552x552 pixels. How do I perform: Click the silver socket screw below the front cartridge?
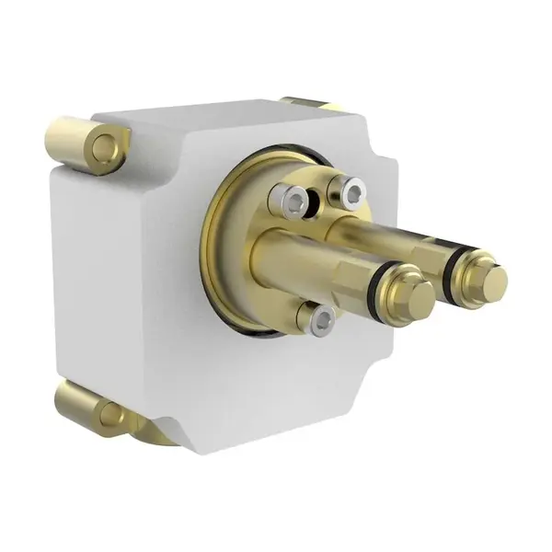[320, 319]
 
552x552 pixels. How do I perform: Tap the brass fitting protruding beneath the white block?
[152, 432]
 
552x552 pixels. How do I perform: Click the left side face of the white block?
[129, 276]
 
